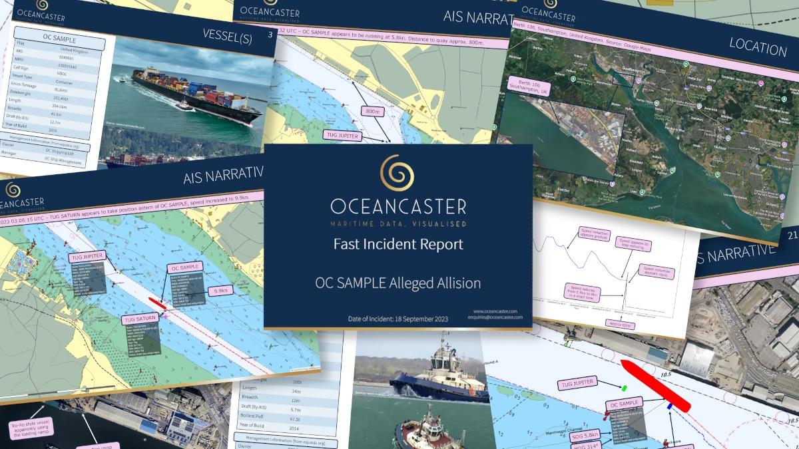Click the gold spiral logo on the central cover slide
point(398,174)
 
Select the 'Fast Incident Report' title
point(398,244)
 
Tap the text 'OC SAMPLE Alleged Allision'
point(398,283)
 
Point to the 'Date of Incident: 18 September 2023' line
point(398,319)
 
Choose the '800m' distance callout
point(370,110)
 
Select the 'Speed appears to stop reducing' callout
point(632,243)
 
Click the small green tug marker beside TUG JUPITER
point(625,386)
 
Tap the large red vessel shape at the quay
point(655,386)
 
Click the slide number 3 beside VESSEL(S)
point(269,35)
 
